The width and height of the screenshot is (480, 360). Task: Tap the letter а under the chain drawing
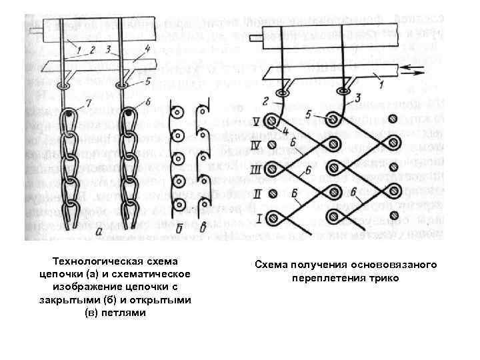point(99,231)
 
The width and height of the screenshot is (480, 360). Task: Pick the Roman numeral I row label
point(256,217)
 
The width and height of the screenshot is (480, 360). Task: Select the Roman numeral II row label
point(256,193)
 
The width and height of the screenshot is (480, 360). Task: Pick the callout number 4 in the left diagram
point(146,48)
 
